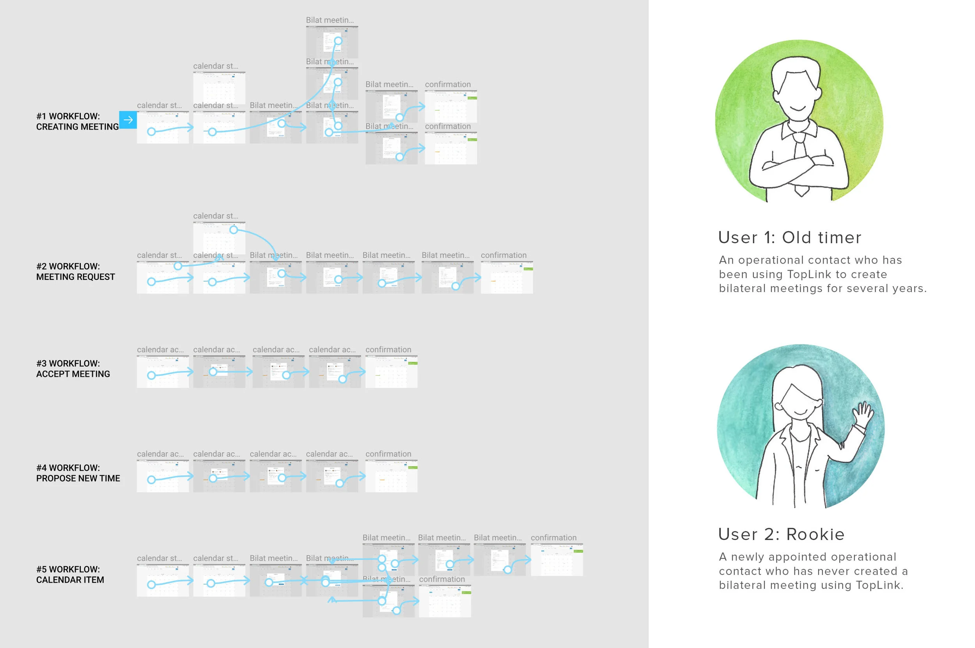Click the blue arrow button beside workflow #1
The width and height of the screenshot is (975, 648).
(x=128, y=120)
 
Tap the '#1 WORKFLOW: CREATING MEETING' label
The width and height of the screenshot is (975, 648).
(x=77, y=122)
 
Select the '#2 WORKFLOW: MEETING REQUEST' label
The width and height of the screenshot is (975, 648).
(x=75, y=271)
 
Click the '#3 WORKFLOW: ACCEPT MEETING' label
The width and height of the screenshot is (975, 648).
(x=73, y=368)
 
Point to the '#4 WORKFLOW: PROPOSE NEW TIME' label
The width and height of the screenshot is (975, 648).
(x=78, y=473)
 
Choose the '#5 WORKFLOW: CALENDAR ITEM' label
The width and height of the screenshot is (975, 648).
(x=70, y=574)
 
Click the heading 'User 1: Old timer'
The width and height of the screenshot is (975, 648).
(x=789, y=237)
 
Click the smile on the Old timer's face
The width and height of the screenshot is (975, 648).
(x=798, y=109)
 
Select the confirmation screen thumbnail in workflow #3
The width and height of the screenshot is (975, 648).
(x=391, y=372)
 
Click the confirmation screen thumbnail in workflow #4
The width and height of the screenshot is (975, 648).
(x=391, y=476)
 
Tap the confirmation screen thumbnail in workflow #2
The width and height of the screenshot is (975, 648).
(x=507, y=277)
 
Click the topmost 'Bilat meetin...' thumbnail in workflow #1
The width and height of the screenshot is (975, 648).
(x=332, y=42)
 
